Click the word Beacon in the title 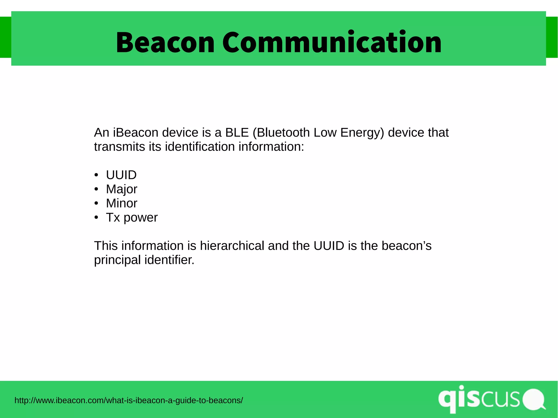(165, 42)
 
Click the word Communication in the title (332, 42)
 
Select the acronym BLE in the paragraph (237, 133)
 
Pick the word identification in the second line (200, 147)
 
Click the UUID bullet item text (121, 175)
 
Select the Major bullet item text (122, 189)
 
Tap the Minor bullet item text (122, 203)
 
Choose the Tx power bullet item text (132, 218)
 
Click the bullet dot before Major (96, 189)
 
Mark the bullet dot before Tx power (96, 217)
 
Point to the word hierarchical (232, 246)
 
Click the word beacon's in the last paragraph (406, 246)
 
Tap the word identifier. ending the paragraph (169, 260)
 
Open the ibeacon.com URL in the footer (129, 401)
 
